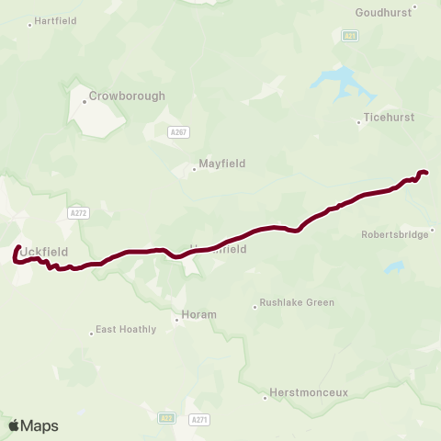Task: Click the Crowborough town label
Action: tap(127, 96)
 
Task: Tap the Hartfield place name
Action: tap(57, 20)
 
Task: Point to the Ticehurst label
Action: tap(389, 119)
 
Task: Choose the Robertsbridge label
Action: tap(395, 234)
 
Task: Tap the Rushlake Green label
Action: tap(296, 302)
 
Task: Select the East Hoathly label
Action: tap(127, 329)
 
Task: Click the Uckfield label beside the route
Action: tap(43, 251)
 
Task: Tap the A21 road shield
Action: tap(350, 36)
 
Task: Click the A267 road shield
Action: tap(180, 132)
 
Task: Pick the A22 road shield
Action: tap(166, 417)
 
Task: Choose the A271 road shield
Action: tap(198, 420)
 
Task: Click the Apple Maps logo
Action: tap(34, 425)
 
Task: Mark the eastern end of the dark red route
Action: tap(425, 172)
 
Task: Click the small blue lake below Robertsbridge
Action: tap(394, 267)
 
